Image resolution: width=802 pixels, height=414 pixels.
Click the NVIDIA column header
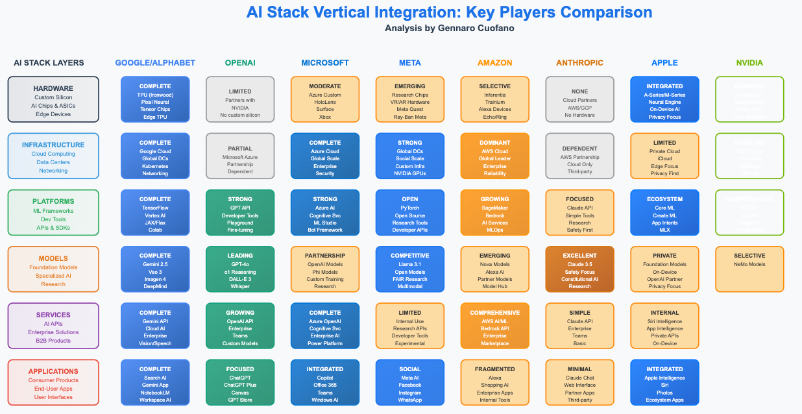(x=749, y=63)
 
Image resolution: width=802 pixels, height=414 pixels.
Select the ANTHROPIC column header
(x=579, y=63)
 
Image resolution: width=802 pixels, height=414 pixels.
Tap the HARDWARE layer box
(x=53, y=99)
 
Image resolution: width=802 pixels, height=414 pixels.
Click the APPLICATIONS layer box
(x=53, y=382)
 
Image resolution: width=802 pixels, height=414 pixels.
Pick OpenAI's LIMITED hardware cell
(x=240, y=99)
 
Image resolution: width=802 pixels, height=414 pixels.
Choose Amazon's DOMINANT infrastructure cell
(x=495, y=156)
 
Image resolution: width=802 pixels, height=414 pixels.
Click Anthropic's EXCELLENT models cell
(x=579, y=269)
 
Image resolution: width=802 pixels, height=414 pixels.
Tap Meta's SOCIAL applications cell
(x=410, y=382)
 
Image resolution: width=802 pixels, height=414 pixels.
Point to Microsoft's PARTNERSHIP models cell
(x=325, y=269)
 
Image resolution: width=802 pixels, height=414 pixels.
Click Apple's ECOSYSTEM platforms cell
(x=664, y=212)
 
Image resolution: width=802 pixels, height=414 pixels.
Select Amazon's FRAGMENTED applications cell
(x=495, y=382)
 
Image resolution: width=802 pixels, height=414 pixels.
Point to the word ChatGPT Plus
(x=240, y=385)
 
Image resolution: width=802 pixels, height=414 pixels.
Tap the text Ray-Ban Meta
(x=410, y=117)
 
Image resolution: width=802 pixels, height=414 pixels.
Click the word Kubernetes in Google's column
(x=155, y=166)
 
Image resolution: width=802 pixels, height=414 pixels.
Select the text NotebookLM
(x=155, y=393)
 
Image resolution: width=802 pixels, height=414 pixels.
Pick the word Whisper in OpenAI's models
(x=240, y=287)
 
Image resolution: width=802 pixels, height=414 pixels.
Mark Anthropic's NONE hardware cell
(x=579, y=99)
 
